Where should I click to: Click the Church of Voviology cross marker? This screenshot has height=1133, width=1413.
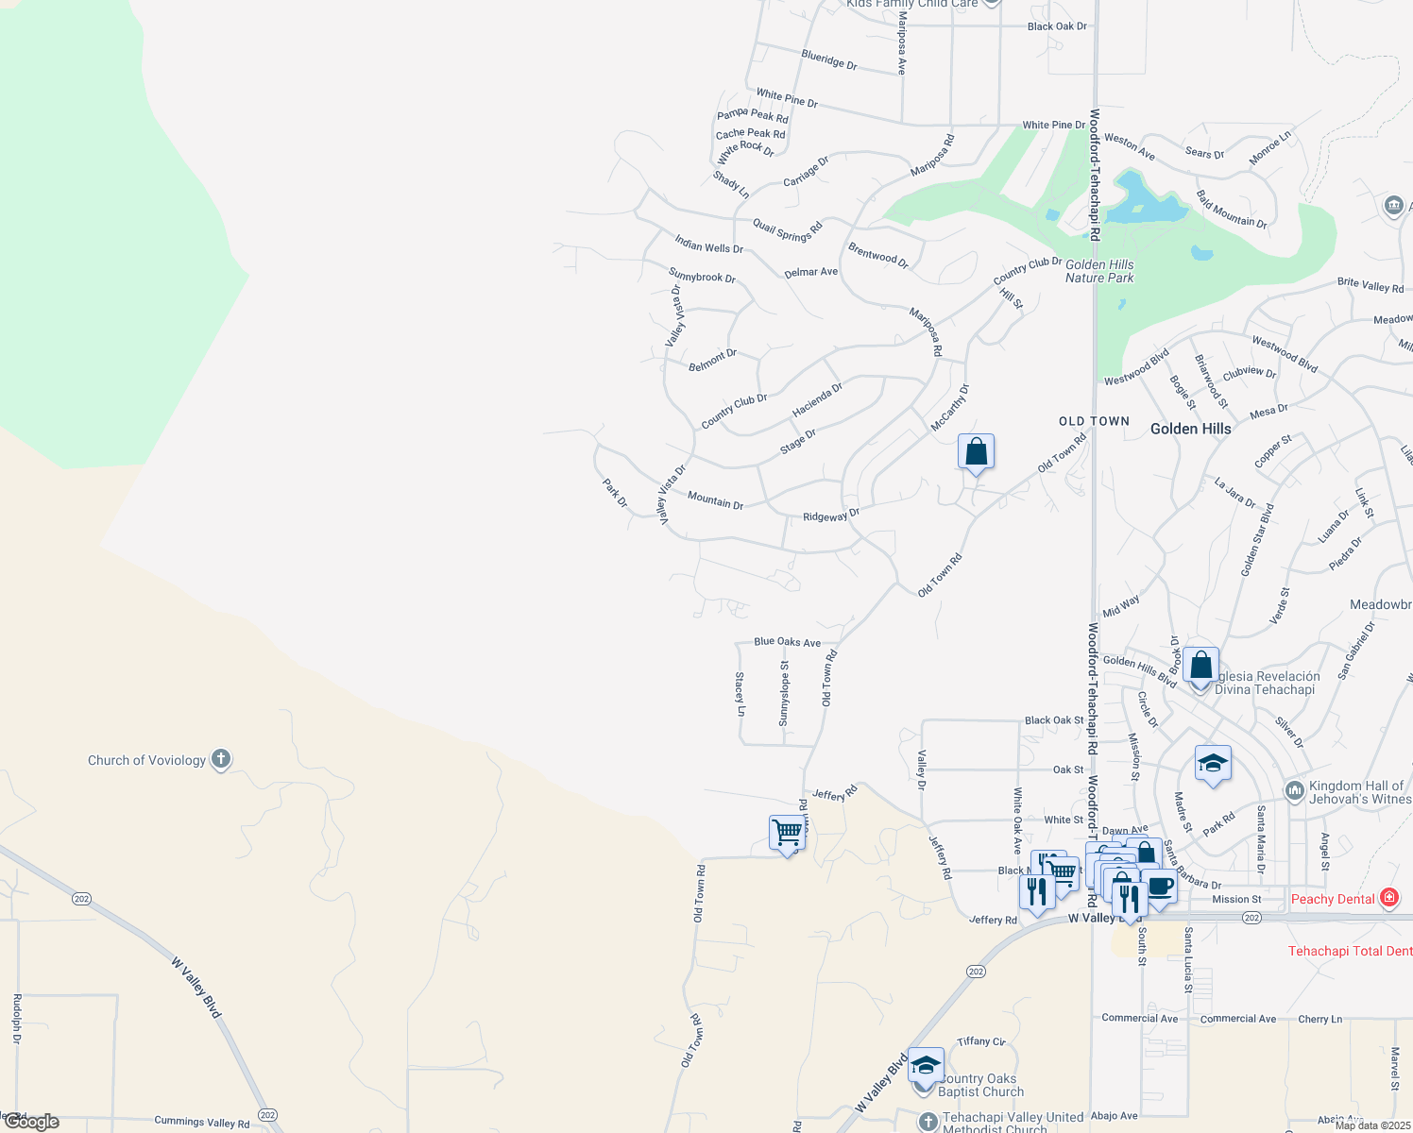tap(221, 759)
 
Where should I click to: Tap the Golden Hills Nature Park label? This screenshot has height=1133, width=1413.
tap(1099, 272)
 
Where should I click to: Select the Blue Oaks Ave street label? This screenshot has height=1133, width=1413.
tap(787, 642)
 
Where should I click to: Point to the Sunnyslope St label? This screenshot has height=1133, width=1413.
tap(784, 694)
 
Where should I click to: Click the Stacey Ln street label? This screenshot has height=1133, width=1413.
tap(741, 694)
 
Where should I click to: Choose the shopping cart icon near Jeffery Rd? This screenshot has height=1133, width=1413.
tap(786, 833)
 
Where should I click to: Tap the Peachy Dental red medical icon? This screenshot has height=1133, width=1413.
tap(1389, 898)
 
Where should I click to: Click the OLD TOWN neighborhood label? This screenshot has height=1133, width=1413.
tap(1094, 421)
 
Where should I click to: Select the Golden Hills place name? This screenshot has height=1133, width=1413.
tap(1190, 429)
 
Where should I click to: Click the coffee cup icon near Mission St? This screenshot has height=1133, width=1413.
tap(1160, 888)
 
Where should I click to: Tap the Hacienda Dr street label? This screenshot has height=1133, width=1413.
tap(817, 400)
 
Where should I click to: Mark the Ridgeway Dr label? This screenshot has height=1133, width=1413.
tap(831, 516)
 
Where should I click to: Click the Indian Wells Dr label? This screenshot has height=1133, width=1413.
tap(708, 245)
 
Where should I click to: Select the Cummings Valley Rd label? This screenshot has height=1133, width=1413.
tap(201, 1122)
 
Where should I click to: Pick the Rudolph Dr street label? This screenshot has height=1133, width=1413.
tap(17, 1019)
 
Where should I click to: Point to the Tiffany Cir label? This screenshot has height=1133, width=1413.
tap(981, 1041)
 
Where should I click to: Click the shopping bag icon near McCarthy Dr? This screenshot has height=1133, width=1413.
tap(976, 452)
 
